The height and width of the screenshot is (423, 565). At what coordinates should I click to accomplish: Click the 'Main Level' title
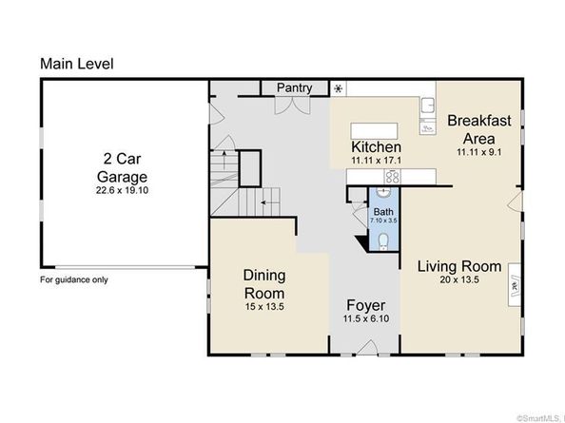coord(77,64)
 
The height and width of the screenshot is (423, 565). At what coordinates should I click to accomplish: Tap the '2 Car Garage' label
coord(122,167)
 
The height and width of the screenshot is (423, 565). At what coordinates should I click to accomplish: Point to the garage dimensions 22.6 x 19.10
coord(122,190)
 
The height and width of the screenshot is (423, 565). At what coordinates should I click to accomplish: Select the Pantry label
coord(295,88)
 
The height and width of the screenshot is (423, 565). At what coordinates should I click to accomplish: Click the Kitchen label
coord(376,147)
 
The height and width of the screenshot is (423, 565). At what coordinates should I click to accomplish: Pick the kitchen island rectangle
coord(375,130)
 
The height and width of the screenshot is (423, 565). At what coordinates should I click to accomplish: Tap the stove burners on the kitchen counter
coord(392,177)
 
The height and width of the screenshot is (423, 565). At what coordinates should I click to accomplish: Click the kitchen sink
coord(428,106)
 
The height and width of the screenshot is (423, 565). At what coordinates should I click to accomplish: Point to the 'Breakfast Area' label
coord(478,129)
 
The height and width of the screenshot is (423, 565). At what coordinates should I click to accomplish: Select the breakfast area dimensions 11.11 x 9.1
coord(478,152)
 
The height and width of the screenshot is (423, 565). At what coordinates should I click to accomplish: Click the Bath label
coord(383,212)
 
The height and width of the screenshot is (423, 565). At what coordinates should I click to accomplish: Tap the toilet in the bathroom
coord(383,241)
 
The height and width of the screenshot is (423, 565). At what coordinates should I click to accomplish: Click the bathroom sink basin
coord(383,191)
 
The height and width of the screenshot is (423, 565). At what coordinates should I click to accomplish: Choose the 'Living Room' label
coord(459,267)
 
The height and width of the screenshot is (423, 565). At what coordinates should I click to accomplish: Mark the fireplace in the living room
coord(515,285)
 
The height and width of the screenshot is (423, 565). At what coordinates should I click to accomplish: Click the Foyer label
coord(366,306)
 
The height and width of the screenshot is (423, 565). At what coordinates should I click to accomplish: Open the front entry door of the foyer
coord(367,347)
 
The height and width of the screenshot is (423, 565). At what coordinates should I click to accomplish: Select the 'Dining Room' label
coord(264,284)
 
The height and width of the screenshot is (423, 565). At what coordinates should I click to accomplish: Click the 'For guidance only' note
coord(74,279)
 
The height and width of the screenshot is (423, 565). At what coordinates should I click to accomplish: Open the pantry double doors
coord(293,106)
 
